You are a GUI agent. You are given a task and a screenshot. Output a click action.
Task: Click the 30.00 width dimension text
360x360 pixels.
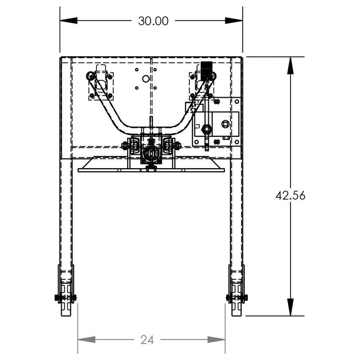[153, 21]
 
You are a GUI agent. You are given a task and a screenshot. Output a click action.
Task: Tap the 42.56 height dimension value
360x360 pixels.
[291, 195]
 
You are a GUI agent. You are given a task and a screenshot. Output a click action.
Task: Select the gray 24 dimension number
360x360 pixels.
[147, 340]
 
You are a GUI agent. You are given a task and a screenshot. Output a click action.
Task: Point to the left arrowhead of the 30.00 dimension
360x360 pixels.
[68, 21]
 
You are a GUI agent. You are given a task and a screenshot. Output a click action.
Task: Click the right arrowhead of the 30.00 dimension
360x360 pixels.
[233, 21]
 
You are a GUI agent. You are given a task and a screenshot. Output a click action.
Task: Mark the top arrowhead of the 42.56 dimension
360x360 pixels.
[291, 65]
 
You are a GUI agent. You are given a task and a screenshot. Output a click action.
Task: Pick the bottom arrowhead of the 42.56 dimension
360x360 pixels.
[291, 307]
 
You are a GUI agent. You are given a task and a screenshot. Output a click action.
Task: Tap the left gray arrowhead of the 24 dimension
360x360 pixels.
[86, 339]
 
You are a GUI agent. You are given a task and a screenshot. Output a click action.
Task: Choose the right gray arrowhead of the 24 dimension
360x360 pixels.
[217, 339]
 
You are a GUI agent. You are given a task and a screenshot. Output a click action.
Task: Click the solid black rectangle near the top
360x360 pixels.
[206, 71]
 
